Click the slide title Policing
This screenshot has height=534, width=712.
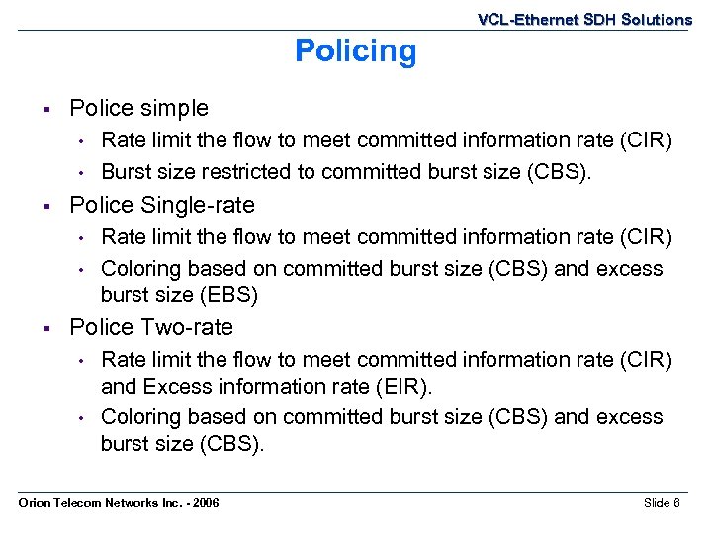356,51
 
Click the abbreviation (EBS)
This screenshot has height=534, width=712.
228,295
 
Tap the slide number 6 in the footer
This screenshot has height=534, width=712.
676,504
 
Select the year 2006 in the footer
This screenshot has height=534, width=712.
205,504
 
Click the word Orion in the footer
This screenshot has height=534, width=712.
34,504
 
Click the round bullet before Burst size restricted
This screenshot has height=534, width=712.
86,173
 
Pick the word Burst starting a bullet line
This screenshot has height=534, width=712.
125,172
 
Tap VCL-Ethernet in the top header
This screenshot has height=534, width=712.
512,20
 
